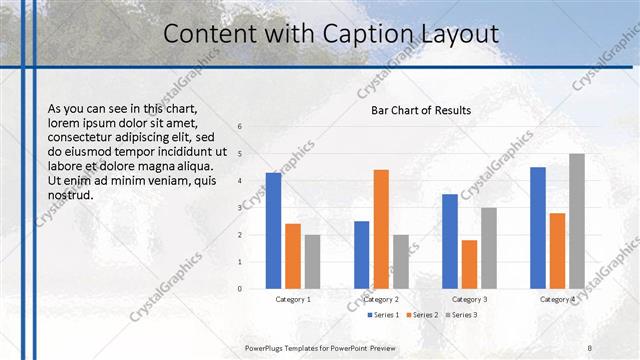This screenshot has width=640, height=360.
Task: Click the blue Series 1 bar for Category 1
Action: coord(273,230)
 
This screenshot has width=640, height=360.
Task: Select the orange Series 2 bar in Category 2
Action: coord(381,229)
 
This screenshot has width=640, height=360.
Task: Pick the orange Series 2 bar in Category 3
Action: coord(469,264)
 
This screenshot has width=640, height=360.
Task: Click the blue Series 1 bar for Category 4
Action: coord(538,227)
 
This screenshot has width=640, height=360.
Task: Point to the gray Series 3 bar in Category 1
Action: coord(312,261)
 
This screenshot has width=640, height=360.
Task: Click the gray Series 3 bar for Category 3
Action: coord(489,248)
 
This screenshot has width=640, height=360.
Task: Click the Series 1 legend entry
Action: coord(383,315)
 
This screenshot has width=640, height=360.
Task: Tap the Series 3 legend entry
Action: coord(463,315)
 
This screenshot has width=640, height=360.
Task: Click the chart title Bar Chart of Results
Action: coord(421,110)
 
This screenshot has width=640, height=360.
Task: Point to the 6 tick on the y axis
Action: coord(240,127)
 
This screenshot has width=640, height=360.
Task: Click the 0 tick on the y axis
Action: coord(240,289)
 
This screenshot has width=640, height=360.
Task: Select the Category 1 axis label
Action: coord(293,299)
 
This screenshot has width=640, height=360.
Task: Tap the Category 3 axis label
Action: coord(469,299)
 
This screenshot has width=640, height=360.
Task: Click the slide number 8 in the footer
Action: coord(590,347)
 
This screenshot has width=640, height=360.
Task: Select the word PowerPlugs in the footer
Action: coord(267,347)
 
